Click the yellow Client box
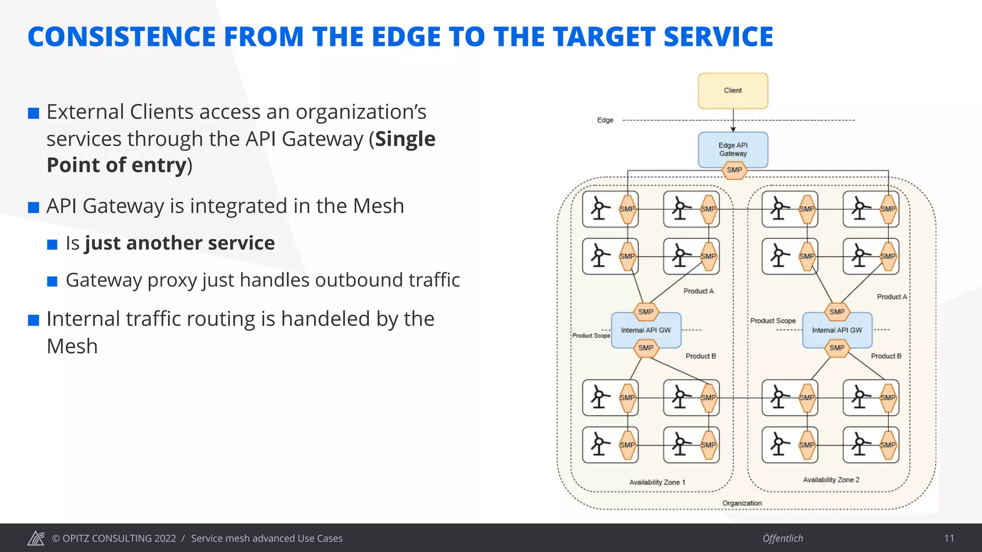(x=733, y=91)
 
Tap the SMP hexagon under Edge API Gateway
(x=734, y=170)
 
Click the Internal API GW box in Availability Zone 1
(x=646, y=330)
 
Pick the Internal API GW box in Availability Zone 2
(x=837, y=330)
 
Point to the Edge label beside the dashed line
(x=605, y=120)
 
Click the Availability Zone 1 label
(x=657, y=482)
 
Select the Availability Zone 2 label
(x=831, y=480)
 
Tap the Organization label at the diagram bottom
(x=742, y=503)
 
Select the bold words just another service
(x=180, y=243)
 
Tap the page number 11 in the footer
(x=949, y=538)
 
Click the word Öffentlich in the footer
(x=783, y=538)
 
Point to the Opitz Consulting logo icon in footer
(x=36, y=538)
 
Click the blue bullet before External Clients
(x=34, y=114)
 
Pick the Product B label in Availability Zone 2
(x=886, y=356)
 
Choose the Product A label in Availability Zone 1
(x=698, y=291)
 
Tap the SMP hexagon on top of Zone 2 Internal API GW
(x=837, y=312)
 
